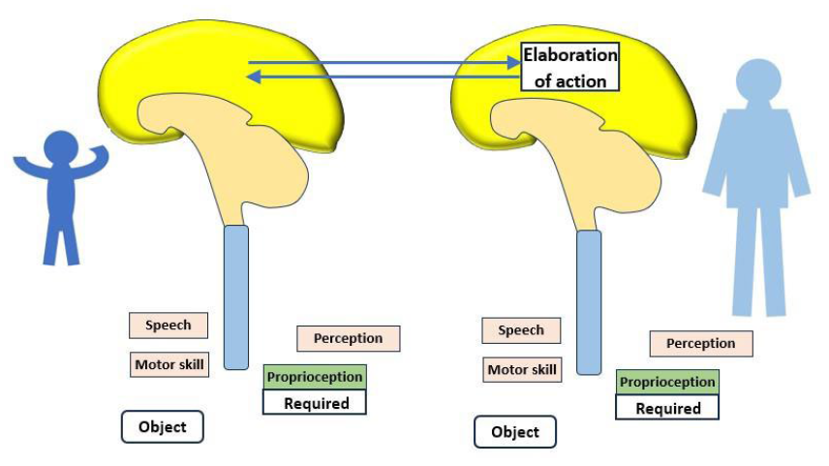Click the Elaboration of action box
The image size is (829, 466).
point(569,67)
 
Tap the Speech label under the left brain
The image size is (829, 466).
point(169,326)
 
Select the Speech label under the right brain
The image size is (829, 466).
point(521,330)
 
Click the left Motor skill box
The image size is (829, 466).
point(169,364)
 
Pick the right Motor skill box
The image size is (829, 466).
point(522,370)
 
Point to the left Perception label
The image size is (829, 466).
point(349,338)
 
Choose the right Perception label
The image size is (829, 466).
point(701,344)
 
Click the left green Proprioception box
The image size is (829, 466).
point(315,377)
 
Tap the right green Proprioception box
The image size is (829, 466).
point(667,383)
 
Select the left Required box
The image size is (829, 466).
point(315,402)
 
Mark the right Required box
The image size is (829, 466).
point(667,408)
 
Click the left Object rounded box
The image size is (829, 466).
point(163,427)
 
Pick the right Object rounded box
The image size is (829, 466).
point(515,432)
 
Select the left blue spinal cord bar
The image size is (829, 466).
point(235,297)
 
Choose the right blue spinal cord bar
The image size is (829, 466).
point(589,302)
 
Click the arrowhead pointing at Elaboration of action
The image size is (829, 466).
point(514,62)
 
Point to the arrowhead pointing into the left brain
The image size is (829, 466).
point(255,78)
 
